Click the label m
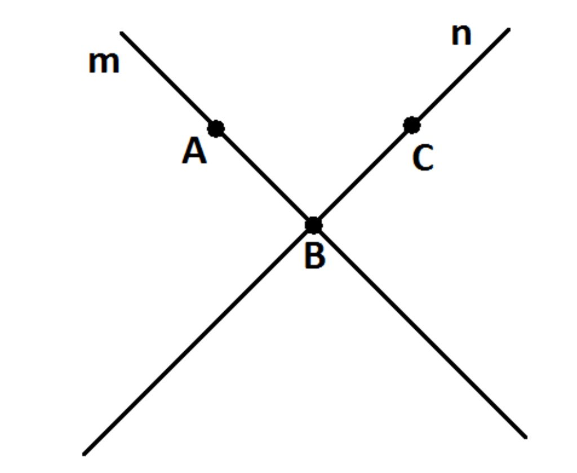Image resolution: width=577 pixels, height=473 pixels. click(x=104, y=63)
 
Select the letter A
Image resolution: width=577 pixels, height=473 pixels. click(x=194, y=152)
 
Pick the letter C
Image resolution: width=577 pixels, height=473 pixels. click(x=423, y=158)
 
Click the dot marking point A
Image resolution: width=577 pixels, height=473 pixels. click(x=215, y=129)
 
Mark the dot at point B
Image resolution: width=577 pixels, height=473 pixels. click(x=313, y=225)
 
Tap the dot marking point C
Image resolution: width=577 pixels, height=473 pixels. click(x=412, y=125)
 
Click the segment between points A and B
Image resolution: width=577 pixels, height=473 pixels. click(x=264, y=177)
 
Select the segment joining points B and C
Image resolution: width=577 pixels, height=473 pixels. click(x=363, y=175)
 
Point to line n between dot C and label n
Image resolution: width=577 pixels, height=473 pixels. click(x=461, y=77)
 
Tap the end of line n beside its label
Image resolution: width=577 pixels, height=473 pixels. click(x=508, y=29)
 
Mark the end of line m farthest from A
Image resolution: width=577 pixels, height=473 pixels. click(x=525, y=436)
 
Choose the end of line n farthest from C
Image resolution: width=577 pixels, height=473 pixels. click(x=85, y=453)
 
